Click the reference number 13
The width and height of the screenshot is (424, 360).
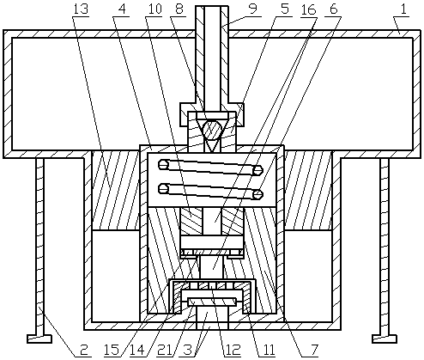click(81, 9)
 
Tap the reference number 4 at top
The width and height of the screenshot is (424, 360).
click(121, 9)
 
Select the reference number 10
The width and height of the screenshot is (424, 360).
click(154, 9)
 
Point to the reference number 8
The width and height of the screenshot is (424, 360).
click(179, 9)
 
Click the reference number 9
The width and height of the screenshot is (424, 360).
click(253, 9)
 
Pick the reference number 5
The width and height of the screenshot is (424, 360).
click(284, 9)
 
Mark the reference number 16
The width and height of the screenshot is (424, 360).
click(309, 9)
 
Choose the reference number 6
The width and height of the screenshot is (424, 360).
click(334, 9)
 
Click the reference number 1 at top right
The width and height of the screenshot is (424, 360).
click(403, 9)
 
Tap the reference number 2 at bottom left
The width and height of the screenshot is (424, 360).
click(83, 350)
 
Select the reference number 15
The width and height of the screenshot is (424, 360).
click(112, 350)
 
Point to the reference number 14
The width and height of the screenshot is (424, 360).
click(137, 350)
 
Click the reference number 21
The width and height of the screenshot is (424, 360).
click(164, 350)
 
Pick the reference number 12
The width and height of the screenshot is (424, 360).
click(233, 350)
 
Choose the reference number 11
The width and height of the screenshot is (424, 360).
click(268, 350)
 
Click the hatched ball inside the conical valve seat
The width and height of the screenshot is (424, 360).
click(211, 127)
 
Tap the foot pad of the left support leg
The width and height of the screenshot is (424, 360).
click(39, 339)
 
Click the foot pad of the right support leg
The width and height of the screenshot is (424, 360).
click(385, 339)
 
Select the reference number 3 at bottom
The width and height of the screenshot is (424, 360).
click(187, 350)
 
